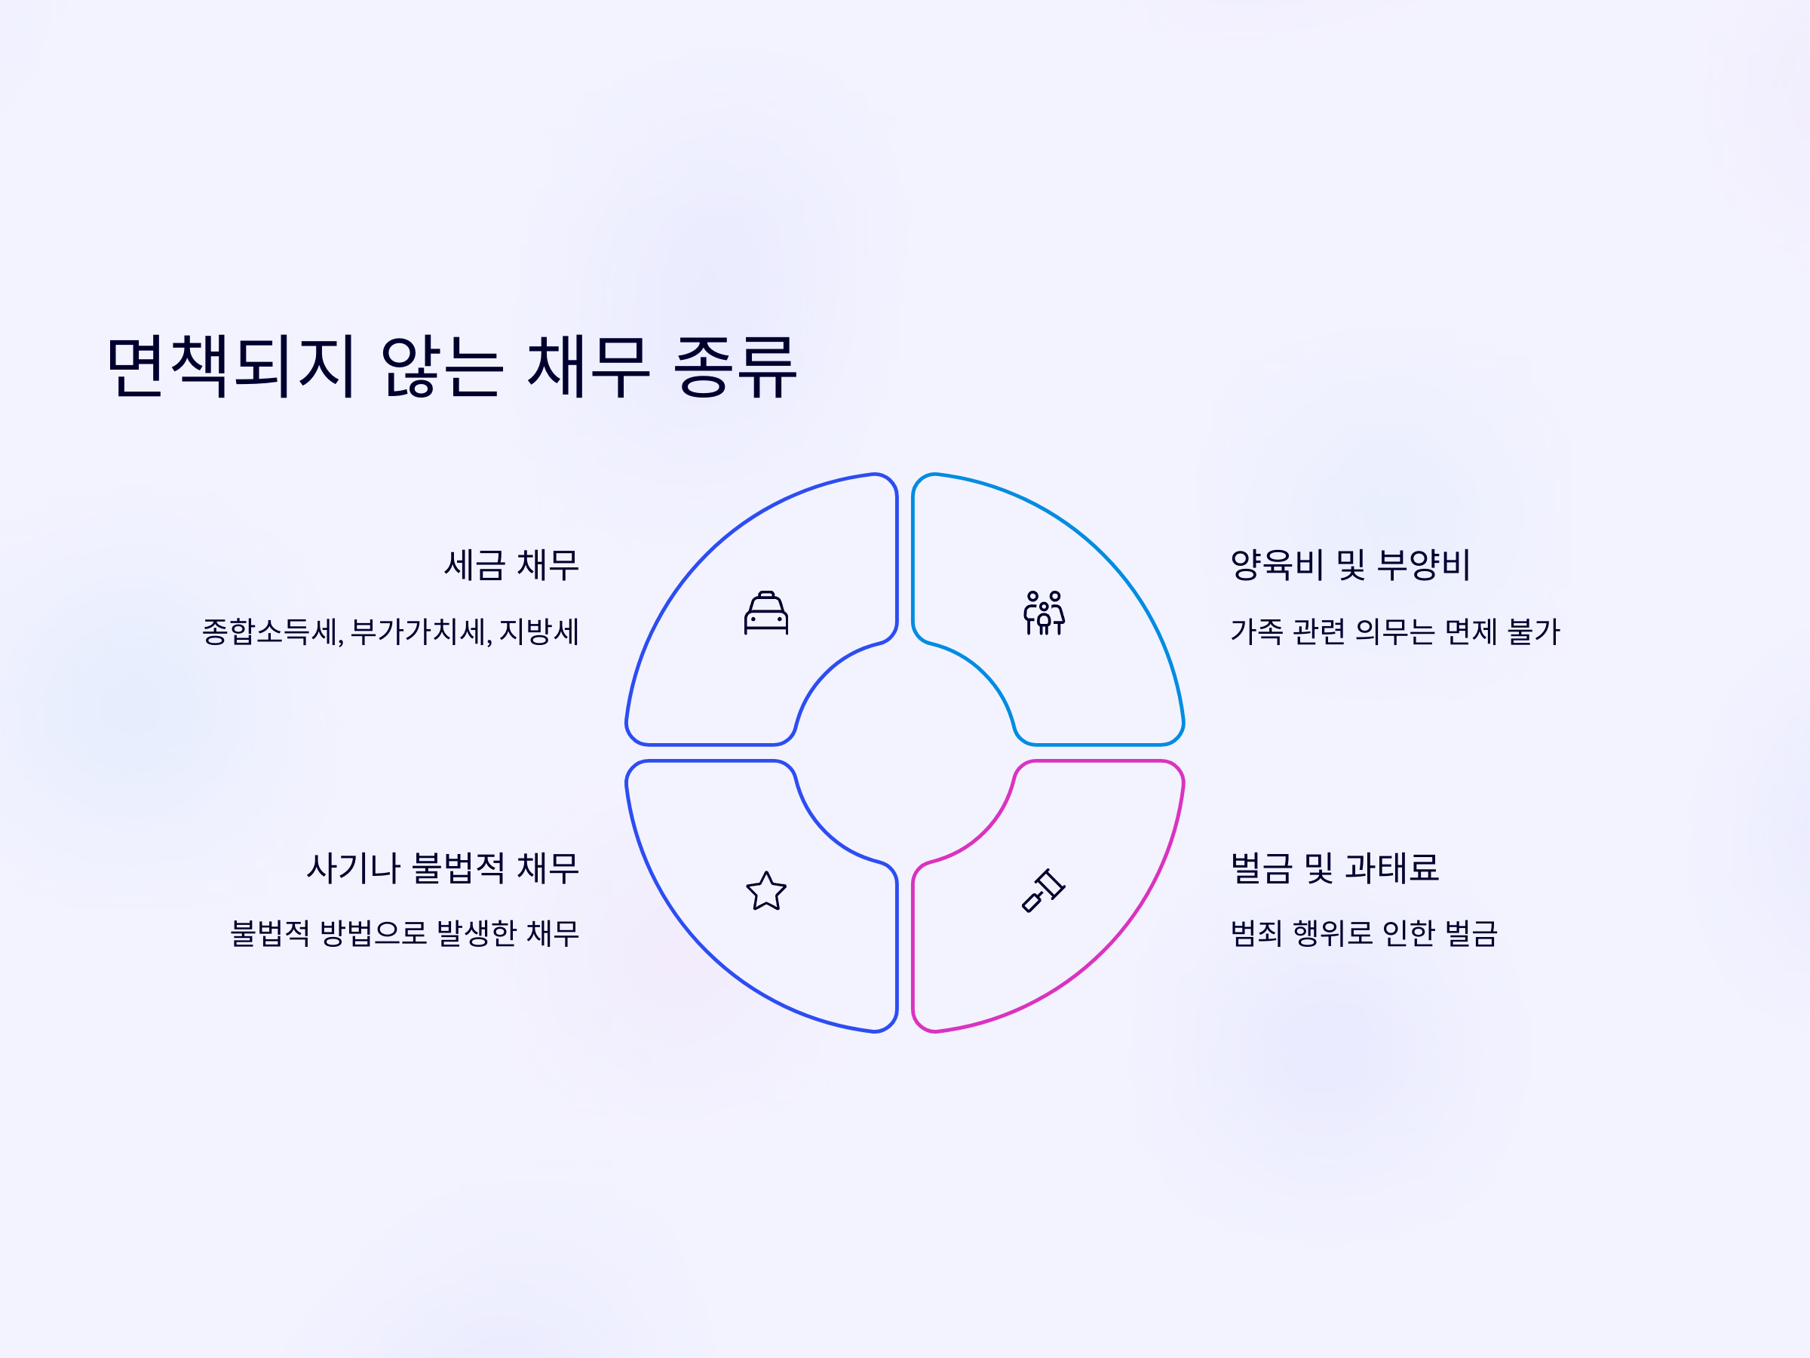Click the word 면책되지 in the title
point(232,366)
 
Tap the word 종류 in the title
point(735,366)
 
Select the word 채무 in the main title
point(587,366)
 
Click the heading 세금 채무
point(511,565)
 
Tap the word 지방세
point(538,632)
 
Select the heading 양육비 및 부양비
point(1350,565)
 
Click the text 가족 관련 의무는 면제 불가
point(1395,632)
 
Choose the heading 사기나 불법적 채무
point(443,868)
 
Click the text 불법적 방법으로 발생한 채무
point(405,933)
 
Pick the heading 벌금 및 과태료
point(1335,868)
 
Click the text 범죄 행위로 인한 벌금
point(1364,933)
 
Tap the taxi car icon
point(766,613)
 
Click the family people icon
point(1044,613)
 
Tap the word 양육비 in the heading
point(1277,565)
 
